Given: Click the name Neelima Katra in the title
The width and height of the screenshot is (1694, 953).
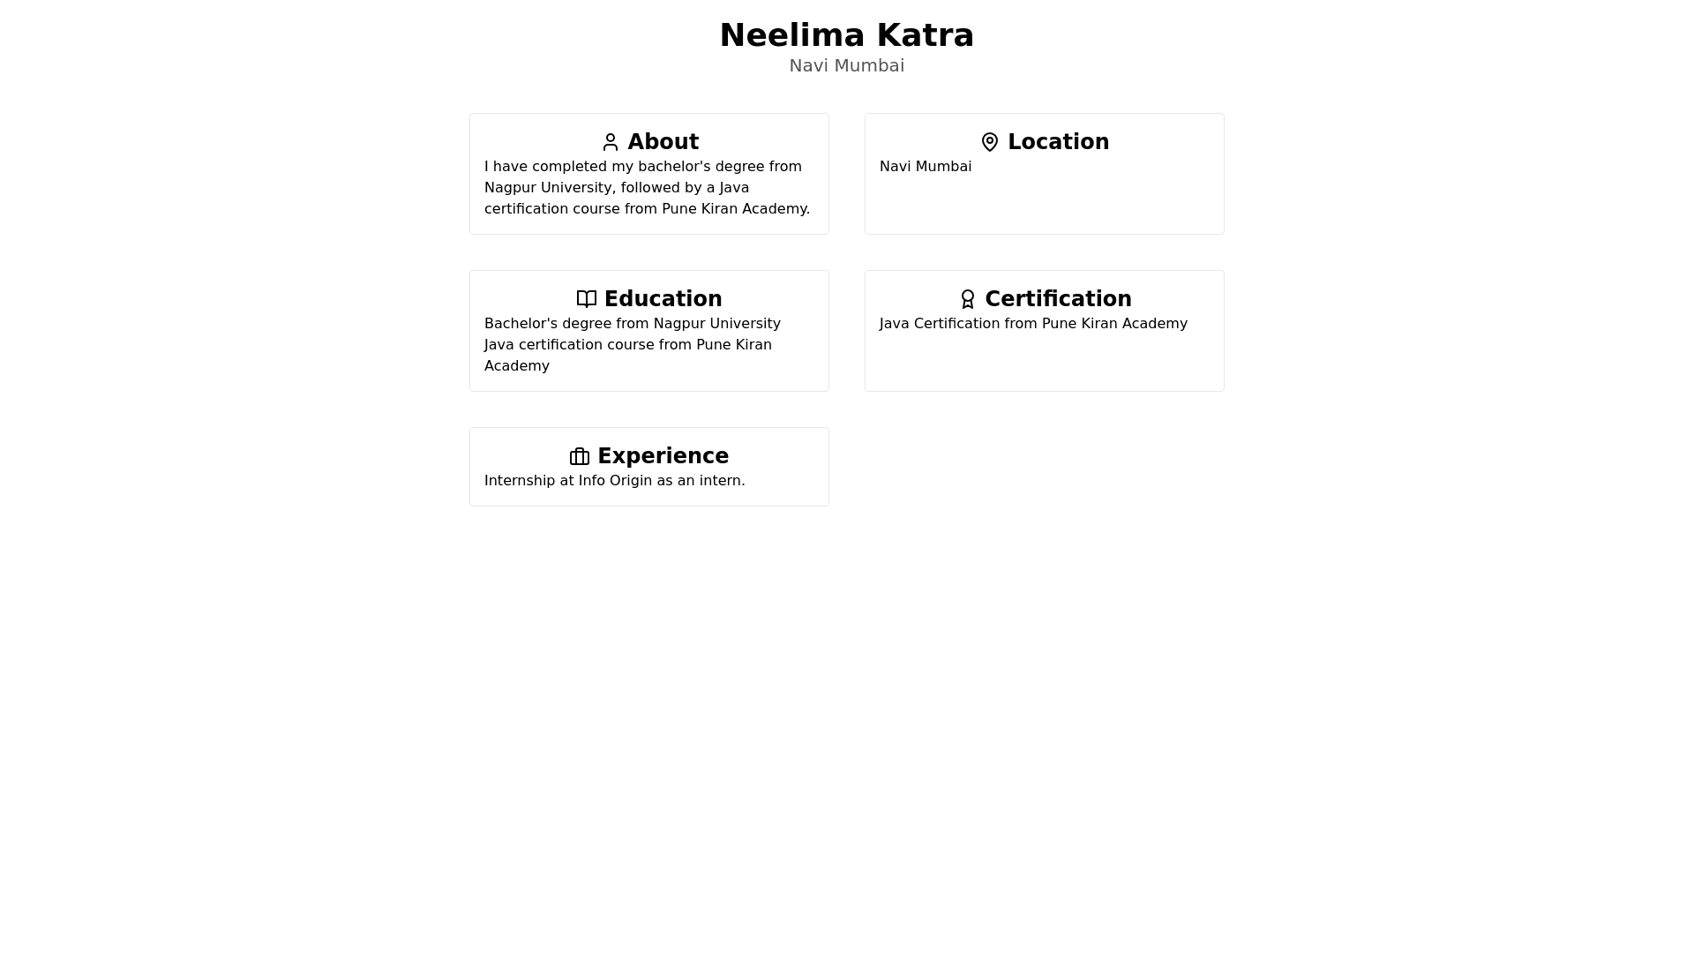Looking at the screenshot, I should point(846,35).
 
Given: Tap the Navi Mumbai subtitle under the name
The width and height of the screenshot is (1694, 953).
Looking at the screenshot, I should point(846,65).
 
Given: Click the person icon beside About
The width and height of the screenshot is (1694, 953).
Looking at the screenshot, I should point(611,142).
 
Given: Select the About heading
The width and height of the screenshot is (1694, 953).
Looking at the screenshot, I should point(663,142).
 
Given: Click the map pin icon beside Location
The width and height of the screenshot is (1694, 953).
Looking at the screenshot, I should point(990,142).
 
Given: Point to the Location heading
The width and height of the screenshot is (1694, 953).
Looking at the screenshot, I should point(1058,142).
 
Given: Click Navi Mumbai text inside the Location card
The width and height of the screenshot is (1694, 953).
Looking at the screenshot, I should point(925,167).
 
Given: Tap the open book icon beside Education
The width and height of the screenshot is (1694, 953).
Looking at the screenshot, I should point(587,299).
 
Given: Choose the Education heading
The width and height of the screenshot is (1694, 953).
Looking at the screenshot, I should point(663,299).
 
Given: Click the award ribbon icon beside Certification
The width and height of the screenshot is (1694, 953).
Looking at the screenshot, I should point(968,299).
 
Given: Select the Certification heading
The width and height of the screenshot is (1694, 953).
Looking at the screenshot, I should point(1058,299).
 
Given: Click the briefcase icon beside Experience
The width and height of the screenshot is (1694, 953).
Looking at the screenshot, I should point(580,456).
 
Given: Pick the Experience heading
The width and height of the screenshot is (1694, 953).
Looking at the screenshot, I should point(663,456).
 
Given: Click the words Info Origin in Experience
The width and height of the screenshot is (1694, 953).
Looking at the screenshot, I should point(615,481).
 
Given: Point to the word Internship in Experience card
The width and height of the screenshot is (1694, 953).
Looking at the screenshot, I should point(520,481).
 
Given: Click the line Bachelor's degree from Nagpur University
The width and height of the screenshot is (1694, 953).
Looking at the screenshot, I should point(632,324).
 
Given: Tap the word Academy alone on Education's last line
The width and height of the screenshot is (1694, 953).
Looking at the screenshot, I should point(516,366).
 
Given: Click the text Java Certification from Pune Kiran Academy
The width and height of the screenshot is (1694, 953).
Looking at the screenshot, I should point(1033,324).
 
